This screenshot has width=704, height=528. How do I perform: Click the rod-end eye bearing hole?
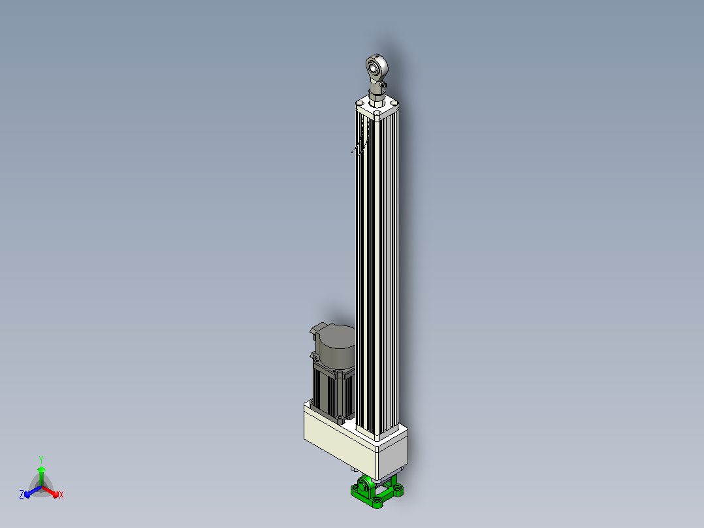(x=373, y=68)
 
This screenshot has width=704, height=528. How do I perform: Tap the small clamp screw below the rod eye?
(x=383, y=84)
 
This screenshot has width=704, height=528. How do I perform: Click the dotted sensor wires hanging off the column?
(x=360, y=144)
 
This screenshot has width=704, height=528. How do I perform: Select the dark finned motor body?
(x=334, y=389)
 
